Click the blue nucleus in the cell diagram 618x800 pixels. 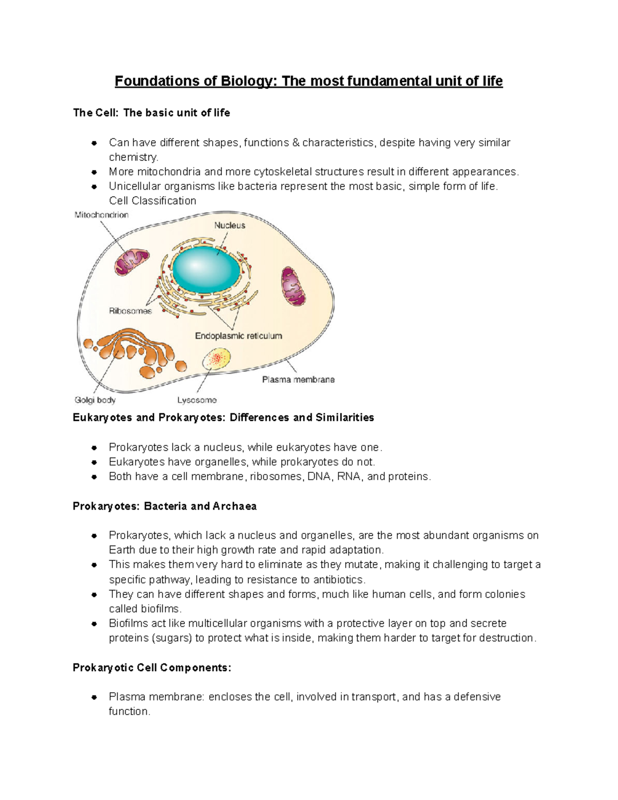(x=206, y=268)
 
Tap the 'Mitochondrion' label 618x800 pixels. (x=101, y=215)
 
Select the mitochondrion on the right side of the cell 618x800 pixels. (x=293, y=286)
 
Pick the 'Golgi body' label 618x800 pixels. (x=95, y=400)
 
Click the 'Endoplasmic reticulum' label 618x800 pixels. (x=238, y=336)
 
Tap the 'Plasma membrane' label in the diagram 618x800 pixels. (x=298, y=380)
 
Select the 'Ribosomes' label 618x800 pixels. (x=130, y=311)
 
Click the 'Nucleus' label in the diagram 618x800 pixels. (x=230, y=225)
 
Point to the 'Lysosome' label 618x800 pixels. (x=197, y=400)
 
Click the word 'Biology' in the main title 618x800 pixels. (x=245, y=81)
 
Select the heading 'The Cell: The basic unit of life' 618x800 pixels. (x=151, y=113)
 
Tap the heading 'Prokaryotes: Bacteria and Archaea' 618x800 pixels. (x=164, y=506)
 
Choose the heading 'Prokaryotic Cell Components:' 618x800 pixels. (x=152, y=668)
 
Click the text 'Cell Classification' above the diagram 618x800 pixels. (x=152, y=201)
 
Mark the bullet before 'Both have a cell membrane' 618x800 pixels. (x=94, y=477)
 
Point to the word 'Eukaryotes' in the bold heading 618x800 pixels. (x=102, y=417)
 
